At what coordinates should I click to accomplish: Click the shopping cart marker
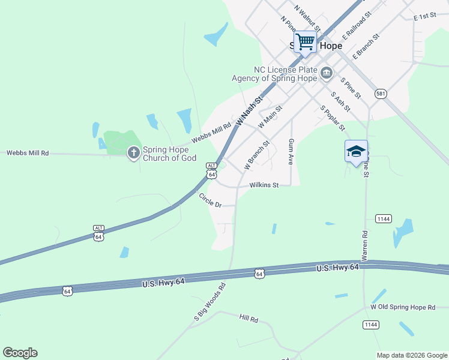pos(305,42)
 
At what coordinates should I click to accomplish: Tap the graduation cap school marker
pos(356,151)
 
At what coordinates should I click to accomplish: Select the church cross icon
pos(133,154)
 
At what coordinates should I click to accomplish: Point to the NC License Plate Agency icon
pos(326,74)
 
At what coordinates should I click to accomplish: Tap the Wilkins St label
pos(264,185)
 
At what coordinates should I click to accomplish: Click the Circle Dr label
pos(210,201)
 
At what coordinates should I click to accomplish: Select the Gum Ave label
pos(291,152)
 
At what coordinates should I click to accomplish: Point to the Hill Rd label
pos(248,317)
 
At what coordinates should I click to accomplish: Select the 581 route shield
pos(381,94)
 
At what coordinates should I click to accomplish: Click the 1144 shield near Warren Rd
pos(384,219)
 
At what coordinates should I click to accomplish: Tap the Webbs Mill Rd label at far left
pos(28,153)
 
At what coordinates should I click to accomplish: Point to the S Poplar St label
pos(333,118)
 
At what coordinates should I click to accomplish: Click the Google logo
pos(20,353)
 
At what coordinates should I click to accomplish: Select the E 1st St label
pos(424,17)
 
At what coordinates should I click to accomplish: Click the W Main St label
pos(270,116)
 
